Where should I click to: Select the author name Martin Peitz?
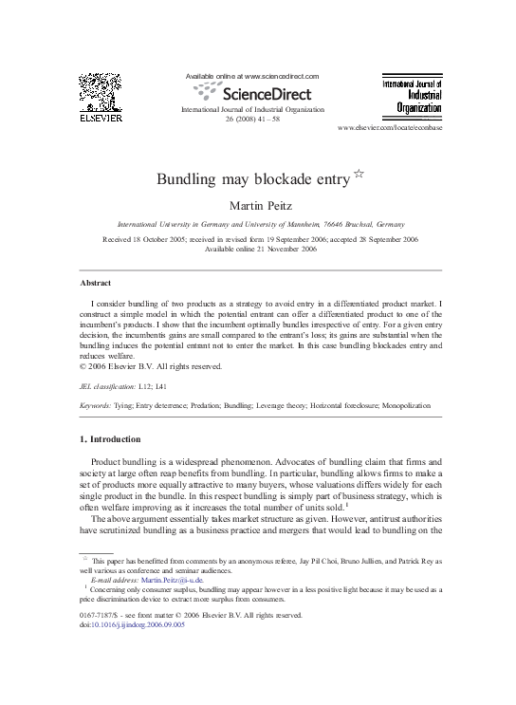(x=258, y=205)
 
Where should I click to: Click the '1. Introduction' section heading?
(x=109, y=439)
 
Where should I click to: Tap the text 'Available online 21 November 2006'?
(x=258, y=250)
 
